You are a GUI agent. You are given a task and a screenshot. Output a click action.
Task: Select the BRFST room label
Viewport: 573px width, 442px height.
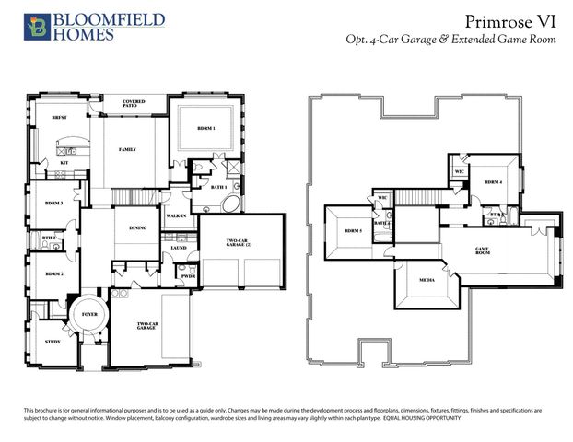59,118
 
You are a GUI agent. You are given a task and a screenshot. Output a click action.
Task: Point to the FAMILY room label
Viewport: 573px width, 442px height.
127,149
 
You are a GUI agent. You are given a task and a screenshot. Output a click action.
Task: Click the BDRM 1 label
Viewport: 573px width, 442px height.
206,128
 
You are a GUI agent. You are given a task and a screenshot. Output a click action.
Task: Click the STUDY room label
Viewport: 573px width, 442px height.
53,342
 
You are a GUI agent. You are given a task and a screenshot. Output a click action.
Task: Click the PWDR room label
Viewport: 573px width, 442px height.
188,276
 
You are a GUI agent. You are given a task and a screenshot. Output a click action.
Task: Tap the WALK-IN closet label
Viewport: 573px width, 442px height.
176,216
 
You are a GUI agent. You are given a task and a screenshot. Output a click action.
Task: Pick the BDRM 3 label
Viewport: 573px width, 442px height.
53,203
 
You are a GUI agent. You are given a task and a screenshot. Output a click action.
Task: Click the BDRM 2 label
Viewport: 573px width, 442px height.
53,273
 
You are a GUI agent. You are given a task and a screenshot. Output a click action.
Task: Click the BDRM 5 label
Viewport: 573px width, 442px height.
353,230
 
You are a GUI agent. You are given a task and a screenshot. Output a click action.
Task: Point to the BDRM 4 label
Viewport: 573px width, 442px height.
494,182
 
